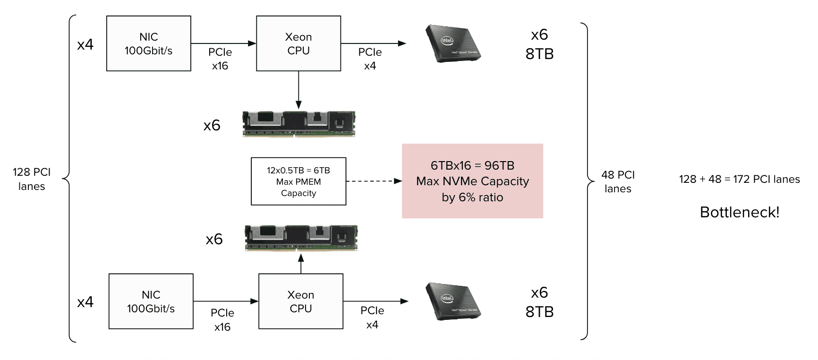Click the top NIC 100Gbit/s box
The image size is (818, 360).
(149, 43)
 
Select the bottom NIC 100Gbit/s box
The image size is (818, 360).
(151, 301)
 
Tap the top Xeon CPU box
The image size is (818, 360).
(298, 43)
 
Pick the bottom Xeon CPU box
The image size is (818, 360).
(301, 301)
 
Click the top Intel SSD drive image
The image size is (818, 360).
(452, 44)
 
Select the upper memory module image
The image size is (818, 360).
(298, 124)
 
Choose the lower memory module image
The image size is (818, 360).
(301, 238)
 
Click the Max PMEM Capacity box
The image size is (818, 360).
(298, 181)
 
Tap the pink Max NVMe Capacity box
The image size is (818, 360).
(472, 181)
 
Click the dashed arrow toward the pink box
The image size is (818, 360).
(373, 181)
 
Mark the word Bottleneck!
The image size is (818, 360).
(739, 212)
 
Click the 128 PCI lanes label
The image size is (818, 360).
(32, 179)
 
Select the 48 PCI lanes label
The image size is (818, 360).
(618, 181)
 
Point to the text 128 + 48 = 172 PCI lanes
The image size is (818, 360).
(739, 179)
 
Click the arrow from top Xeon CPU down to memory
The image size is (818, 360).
(298, 90)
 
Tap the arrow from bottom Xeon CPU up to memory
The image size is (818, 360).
(301, 264)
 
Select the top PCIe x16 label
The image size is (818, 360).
(220, 59)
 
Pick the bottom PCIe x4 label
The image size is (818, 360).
(372, 317)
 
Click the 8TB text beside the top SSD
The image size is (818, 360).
(539, 54)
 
